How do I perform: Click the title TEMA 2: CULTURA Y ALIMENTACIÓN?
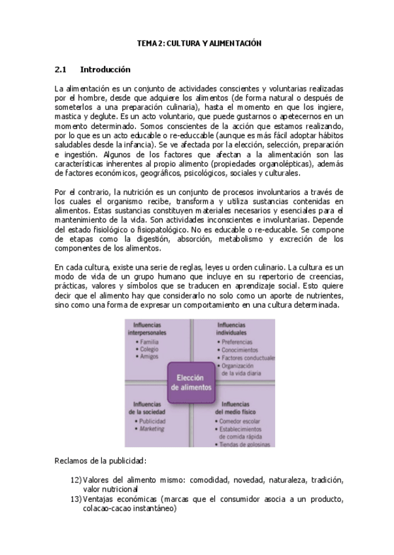tap(199, 43)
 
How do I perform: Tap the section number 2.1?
tap(61, 69)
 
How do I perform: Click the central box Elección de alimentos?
tap(191, 382)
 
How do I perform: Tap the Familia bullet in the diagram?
tap(149, 342)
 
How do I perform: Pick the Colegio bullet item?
tap(150, 349)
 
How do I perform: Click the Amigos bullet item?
tap(149, 357)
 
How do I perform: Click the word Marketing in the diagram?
tap(152, 429)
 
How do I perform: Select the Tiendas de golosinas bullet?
tap(246, 444)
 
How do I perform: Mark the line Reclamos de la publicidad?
tap(100, 461)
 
